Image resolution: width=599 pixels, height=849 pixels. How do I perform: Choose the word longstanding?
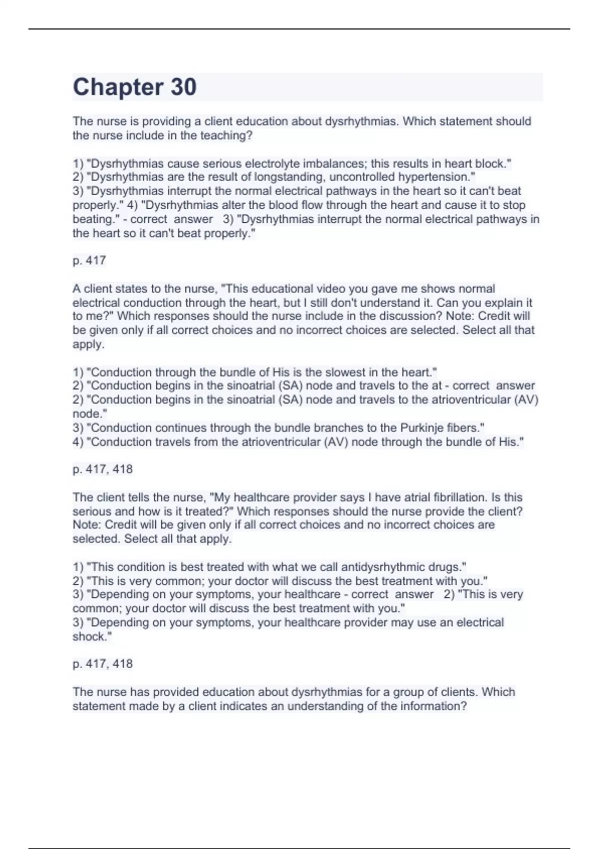click(288, 177)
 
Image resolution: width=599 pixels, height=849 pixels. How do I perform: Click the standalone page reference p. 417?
click(89, 260)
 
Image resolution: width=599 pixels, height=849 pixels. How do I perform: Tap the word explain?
click(490, 303)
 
